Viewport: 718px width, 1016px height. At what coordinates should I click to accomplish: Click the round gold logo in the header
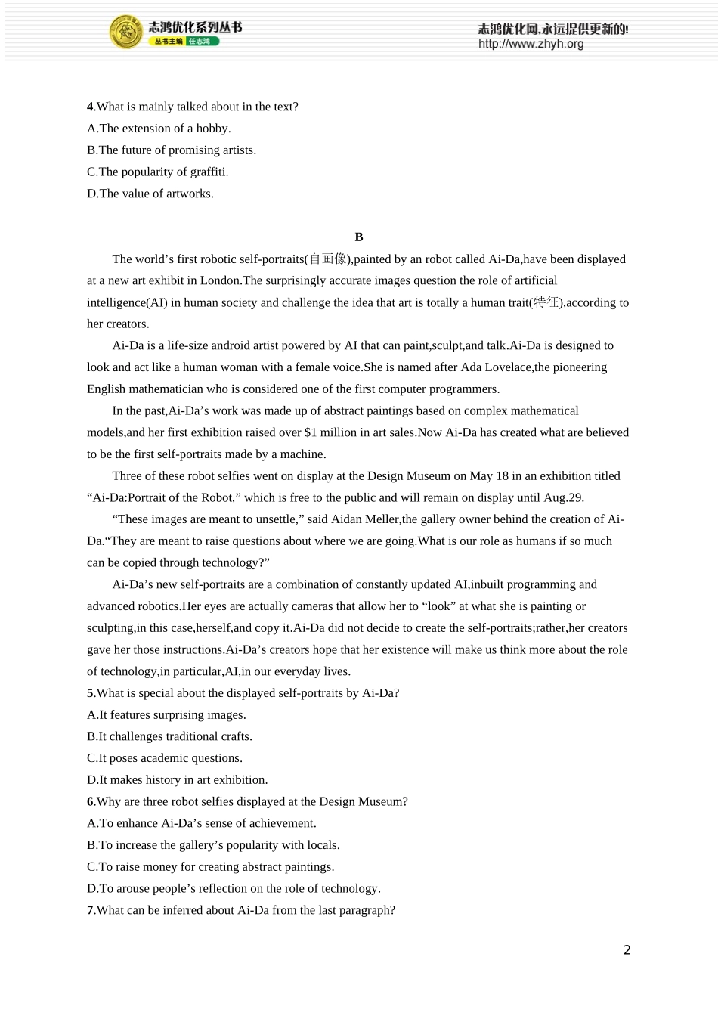coord(125,32)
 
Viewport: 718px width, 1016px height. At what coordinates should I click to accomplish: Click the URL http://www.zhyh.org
coord(531,44)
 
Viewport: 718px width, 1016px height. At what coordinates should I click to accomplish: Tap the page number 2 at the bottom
coord(627,950)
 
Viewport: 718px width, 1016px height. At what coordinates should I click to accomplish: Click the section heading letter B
coord(359,237)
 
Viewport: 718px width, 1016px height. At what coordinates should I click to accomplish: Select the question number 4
coord(90,107)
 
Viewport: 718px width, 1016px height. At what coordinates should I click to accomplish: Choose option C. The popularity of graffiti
coord(157,172)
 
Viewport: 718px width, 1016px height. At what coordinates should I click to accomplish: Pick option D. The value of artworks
coord(150,194)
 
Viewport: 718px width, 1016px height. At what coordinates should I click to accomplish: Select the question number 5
coord(90,693)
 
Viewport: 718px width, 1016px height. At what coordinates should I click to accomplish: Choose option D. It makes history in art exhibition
coord(177,779)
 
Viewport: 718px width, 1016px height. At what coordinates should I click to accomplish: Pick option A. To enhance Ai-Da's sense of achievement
coord(201,823)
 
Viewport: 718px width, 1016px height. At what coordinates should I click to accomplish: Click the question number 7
coord(90,910)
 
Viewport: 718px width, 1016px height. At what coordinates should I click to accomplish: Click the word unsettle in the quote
coord(275,519)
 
